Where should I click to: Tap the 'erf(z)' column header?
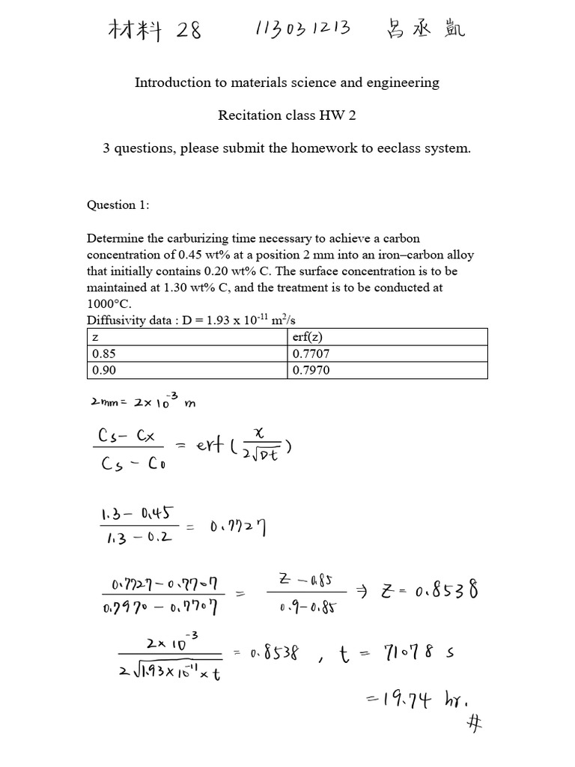point(308,336)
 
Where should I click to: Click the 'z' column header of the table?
point(94,336)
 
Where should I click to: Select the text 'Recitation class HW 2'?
point(287,115)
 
